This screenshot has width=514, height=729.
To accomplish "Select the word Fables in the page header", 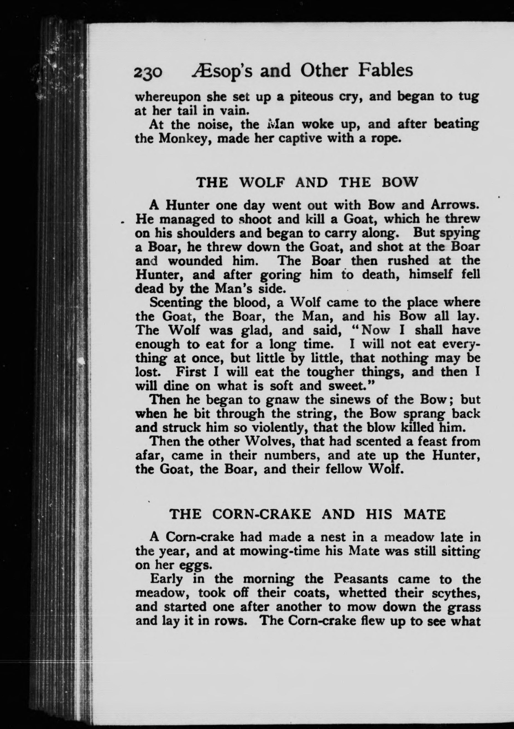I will (x=385, y=71).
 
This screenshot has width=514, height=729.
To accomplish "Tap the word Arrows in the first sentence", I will (x=454, y=205).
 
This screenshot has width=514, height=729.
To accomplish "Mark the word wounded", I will (x=195, y=261).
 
